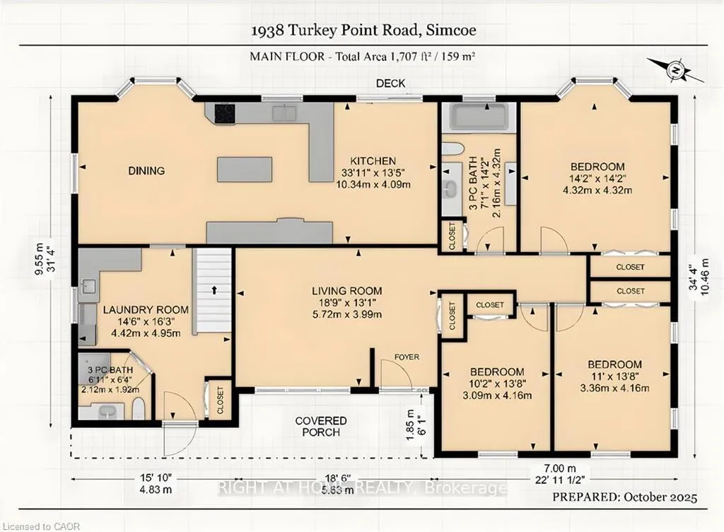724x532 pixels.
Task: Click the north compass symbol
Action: [x=676, y=71]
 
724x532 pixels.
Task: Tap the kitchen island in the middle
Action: [x=244, y=170]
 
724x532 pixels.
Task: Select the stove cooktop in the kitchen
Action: [x=226, y=112]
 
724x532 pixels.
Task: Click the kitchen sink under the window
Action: [x=284, y=113]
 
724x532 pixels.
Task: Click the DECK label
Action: [x=390, y=83]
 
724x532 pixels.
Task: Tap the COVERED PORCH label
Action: [x=321, y=427]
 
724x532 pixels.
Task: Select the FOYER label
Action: [x=407, y=357]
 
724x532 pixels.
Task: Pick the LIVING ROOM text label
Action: [x=346, y=291]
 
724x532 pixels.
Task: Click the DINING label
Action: [x=146, y=171]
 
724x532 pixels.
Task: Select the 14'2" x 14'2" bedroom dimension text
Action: [x=597, y=178]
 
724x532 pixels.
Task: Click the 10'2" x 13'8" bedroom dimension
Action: [x=496, y=383]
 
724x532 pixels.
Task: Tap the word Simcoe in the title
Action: [x=451, y=30]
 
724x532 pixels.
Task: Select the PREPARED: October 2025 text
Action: [x=625, y=497]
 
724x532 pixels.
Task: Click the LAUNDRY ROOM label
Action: [x=146, y=310]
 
